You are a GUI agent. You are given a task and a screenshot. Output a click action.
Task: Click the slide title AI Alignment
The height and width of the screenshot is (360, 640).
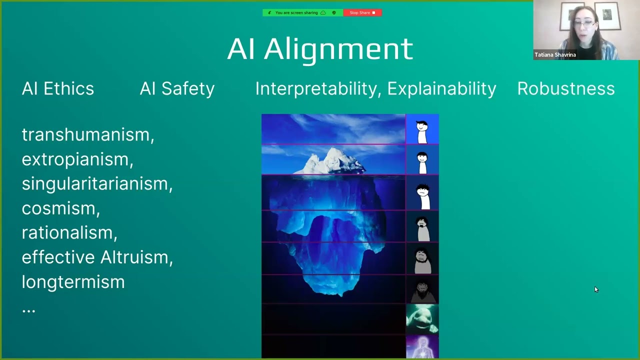320,48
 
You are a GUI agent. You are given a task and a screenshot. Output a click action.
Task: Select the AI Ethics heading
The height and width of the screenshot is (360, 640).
58,88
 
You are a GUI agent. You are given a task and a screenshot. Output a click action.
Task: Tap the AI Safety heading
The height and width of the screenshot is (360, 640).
177,88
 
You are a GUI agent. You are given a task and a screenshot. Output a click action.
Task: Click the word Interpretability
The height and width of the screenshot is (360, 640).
318,88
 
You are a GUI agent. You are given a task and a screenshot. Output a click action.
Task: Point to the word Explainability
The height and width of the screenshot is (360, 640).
441,88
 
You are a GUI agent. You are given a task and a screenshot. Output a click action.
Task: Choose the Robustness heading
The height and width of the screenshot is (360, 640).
565,88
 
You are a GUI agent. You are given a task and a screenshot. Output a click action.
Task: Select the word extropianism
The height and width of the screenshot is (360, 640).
77,159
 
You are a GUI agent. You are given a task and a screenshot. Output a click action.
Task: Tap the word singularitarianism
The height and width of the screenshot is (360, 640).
96,183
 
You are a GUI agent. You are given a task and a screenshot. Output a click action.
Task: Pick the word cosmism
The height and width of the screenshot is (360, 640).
60,208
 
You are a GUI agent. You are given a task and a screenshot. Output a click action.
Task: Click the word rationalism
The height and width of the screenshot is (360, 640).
69,232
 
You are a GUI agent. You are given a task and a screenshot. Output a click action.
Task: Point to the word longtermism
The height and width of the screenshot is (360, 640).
73,281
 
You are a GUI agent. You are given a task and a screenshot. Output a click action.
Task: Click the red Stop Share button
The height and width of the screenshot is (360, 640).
362,12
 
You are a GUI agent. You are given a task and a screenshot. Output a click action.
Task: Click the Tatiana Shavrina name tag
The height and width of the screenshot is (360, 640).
555,55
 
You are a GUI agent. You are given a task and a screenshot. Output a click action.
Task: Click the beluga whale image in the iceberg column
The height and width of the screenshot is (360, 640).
421,318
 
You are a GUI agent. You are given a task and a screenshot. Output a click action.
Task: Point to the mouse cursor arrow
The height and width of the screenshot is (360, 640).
595,289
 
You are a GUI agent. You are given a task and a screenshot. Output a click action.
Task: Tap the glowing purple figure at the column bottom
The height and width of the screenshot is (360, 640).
422,347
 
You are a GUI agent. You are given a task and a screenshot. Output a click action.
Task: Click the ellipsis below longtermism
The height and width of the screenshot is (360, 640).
28,309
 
